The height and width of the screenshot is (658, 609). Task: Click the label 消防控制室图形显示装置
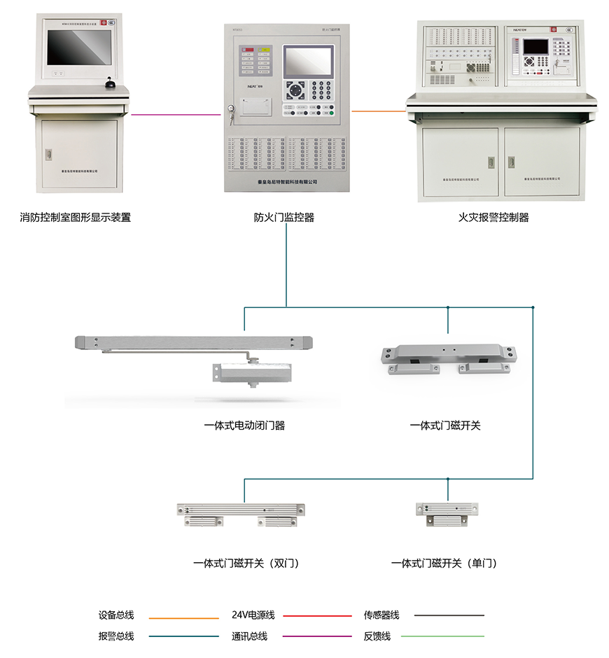click(x=76, y=218)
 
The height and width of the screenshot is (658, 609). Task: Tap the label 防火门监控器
click(x=284, y=218)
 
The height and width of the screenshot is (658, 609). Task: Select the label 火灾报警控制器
click(x=493, y=218)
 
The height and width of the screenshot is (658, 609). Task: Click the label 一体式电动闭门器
click(x=244, y=425)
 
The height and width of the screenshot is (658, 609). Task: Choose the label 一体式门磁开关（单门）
click(x=448, y=563)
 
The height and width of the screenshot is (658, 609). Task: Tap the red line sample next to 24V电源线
click(x=316, y=616)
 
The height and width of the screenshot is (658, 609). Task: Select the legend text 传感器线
click(x=381, y=615)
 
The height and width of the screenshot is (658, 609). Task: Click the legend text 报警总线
click(x=116, y=636)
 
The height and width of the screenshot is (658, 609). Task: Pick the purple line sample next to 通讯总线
click(x=316, y=637)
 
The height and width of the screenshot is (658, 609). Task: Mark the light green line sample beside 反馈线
click(x=449, y=636)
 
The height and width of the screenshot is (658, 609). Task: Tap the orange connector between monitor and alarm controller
click(x=379, y=110)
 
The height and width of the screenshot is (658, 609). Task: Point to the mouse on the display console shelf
click(x=109, y=85)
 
